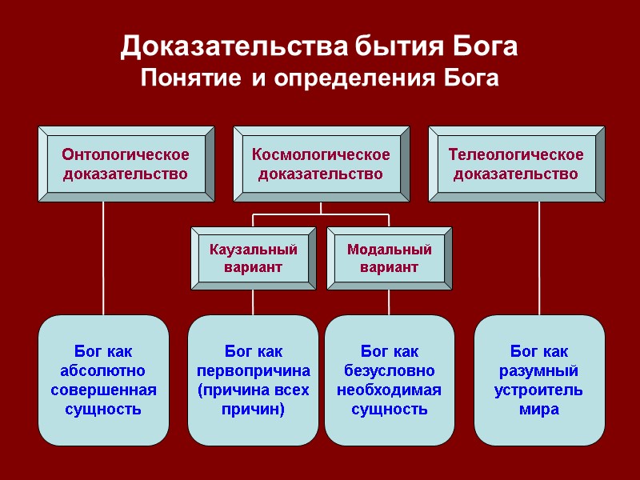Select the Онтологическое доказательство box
click(x=126, y=164)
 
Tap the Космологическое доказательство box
click(x=321, y=164)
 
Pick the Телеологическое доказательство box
click(x=516, y=164)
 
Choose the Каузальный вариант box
click(x=253, y=258)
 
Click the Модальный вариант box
click(x=389, y=258)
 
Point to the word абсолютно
click(x=103, y=371)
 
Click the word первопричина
click(x=253, y=371)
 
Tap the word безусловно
click(x=389, y=371)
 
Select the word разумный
click(x=538, y=371)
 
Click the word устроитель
click(x=538, y=390)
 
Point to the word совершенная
click(x=103, y=390)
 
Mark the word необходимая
click(x=389, y=390)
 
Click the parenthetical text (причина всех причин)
click(x=253, y=400)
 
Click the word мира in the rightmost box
click(x=538, y=410)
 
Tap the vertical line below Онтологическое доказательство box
click(x=103, y=256)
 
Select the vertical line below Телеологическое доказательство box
click(x=538, y=256)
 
